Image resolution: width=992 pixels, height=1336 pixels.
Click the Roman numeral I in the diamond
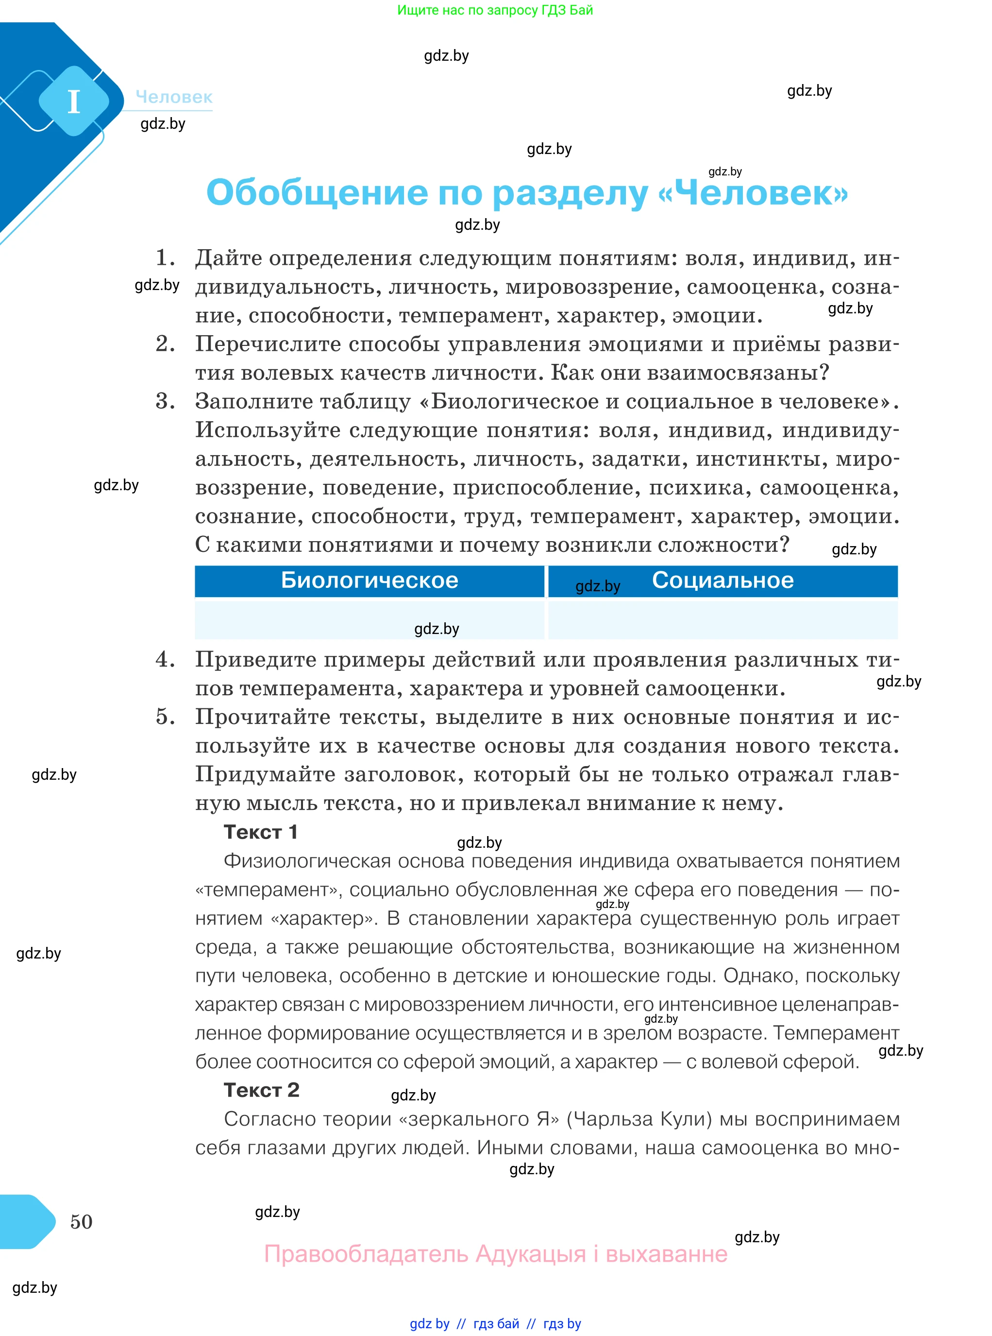(x=74, y=102)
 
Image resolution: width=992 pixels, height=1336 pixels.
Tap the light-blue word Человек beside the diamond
(x=174, y=97)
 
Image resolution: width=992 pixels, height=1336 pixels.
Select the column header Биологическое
(x=370, y=580)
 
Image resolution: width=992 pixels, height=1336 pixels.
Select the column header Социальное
(x=723, y=580)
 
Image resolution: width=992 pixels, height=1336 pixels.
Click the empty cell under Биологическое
(x=370, y=619)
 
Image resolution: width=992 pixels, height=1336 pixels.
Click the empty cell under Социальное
(x=723, y=619)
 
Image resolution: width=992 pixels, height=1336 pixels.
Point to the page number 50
(x=81, y=1221)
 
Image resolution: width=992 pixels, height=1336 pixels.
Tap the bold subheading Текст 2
(x=261, y=1090)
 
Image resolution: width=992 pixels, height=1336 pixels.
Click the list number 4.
(x=165, y=660)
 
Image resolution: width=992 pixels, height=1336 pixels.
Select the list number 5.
(x=165, y=717)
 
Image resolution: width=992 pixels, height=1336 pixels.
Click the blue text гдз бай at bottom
(x=496, y=1323)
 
